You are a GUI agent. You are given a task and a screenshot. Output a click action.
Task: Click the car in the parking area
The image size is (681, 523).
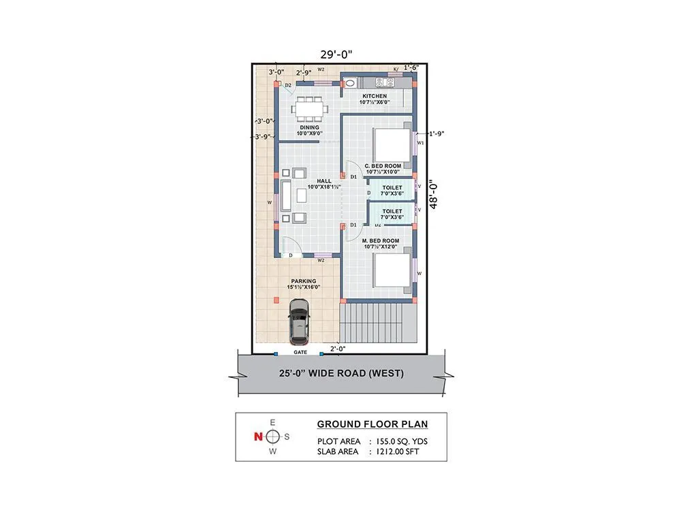tap(298, 321)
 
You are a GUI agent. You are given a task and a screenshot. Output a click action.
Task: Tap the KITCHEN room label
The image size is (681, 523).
tap(375, 96)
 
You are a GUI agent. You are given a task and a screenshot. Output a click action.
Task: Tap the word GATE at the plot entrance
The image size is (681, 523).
tap(300, 353)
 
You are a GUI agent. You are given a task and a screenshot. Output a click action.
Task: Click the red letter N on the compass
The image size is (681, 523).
tap(257, 437)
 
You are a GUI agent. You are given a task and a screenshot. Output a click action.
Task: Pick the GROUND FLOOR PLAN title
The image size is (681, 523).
tap(373, 424)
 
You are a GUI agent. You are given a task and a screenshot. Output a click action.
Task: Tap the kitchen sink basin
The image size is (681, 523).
tap(350, 83)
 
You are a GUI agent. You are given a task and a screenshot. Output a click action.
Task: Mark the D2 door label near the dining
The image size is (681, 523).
tap(288, 85)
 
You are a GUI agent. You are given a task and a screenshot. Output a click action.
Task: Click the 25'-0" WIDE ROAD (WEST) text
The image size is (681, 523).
tap(341, 373)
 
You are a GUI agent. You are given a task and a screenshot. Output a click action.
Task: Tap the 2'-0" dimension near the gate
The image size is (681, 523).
tap(338, 349)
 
